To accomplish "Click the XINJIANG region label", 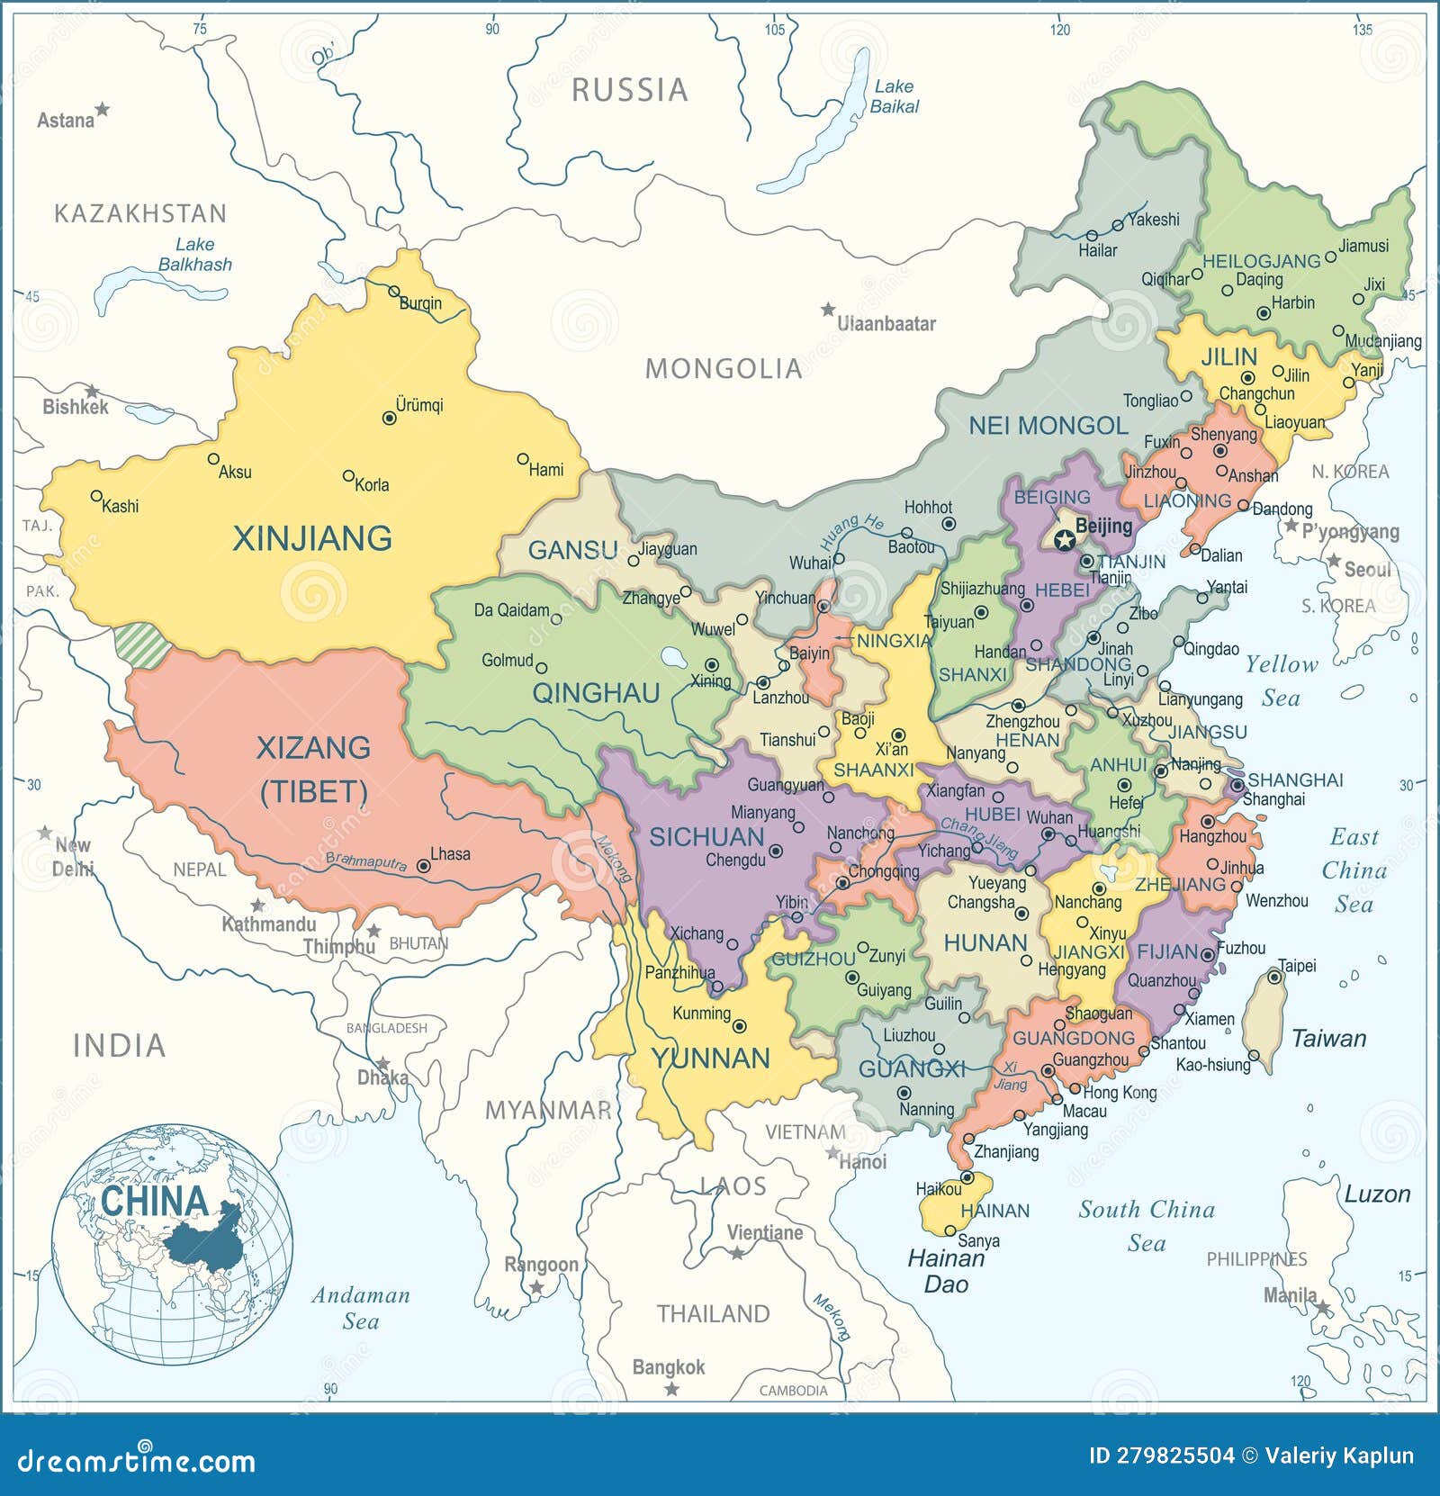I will coord(311,538).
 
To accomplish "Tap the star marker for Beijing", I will coord(1064,540).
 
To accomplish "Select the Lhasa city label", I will coord(450,853).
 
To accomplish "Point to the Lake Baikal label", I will coord(894,96).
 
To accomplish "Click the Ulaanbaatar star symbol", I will coord(827,310).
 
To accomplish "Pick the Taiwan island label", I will coord(1328,1039).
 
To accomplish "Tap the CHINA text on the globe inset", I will coord(154,1202).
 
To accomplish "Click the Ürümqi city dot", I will coord(389,418).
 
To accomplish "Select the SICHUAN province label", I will coord(706,837).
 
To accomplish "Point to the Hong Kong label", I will coord(1120,1092).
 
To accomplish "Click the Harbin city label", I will coord(1292,302).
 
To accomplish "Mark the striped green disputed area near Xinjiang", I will coord(142,645).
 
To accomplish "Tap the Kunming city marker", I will coord(740,1026).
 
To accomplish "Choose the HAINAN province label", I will coord(994,1211).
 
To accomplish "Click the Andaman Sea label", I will coord(360,1308).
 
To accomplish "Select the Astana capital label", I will coord(65,120).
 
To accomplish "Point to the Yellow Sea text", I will coord(1281,680).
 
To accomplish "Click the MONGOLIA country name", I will coord(723,368).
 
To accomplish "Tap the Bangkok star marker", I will coord(671,1389).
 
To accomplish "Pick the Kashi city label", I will coord(120,506).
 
